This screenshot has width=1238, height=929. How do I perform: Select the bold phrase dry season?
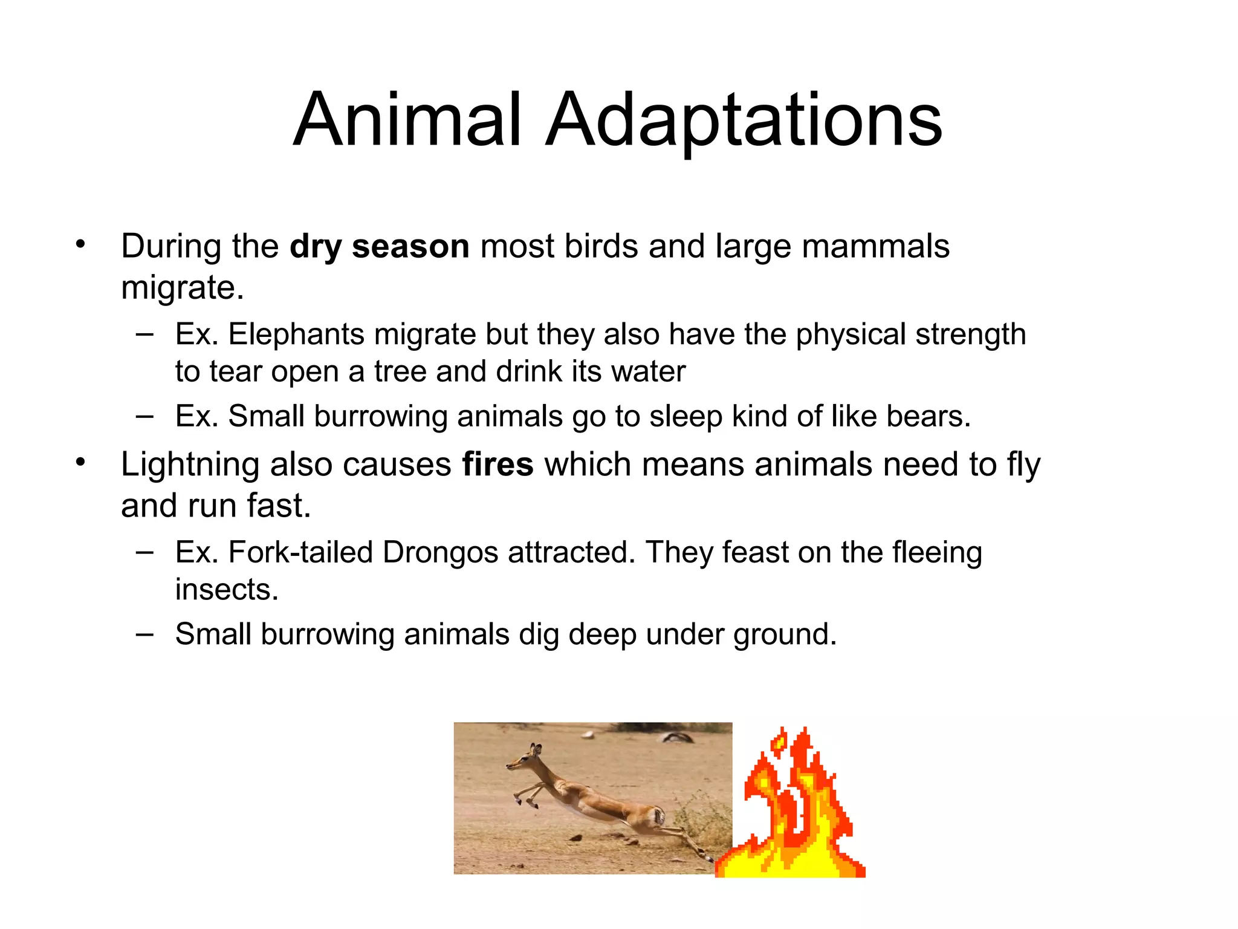(x=379, y=246)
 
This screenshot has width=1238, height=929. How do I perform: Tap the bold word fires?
(x=497, y=464)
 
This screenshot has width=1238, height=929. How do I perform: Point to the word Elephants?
(x=296, y=334)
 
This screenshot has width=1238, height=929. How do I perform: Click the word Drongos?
(x=441, y=552)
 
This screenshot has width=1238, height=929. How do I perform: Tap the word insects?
(x=227, y=589)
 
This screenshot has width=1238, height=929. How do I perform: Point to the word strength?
(x=970, y=334)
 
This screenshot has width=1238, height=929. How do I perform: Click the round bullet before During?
(x=81, y=245)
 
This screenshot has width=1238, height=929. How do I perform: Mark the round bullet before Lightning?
(x=81, y=463)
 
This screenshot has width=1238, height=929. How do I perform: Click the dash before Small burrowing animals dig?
(x=144, y=634)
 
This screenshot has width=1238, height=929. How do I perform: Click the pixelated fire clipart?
(x=792, y=810)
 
